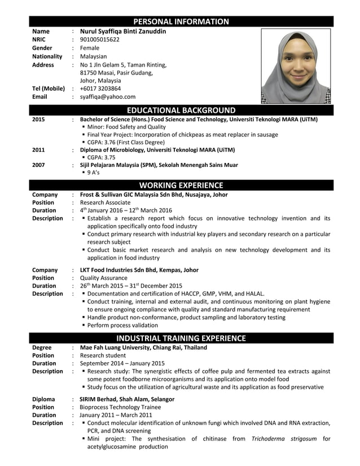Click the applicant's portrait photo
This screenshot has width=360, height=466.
[297, 66]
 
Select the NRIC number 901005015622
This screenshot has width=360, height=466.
[100, 40]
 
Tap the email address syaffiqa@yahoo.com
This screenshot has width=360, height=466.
[108, 97]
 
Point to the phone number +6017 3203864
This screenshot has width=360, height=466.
[100, 89]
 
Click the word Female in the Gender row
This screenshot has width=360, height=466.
[90, 49]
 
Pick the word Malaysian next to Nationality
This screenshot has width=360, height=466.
[93, 56]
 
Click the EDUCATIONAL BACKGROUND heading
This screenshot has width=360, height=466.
[181, 110]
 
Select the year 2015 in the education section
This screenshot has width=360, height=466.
[39, 120]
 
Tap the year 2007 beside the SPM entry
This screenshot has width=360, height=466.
[39, 165]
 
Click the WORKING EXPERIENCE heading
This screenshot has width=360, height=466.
[181, 185]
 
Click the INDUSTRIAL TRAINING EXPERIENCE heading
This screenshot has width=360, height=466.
[181, 338]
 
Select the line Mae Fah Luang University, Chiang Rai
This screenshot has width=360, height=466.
[143, 348]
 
